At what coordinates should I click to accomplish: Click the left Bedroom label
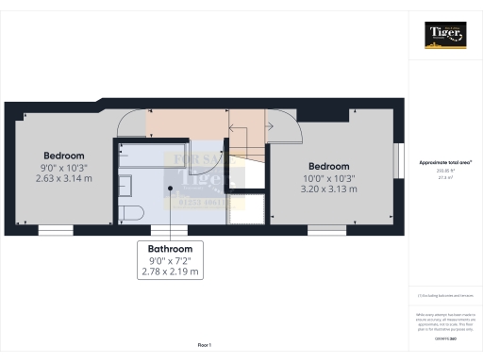point(64,156)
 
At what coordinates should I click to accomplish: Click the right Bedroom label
point(328,165)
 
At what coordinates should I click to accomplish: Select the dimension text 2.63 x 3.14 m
point(64,178)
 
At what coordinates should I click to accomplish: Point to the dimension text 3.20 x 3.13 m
point(328,189)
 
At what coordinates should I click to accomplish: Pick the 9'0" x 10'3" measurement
point(64,167)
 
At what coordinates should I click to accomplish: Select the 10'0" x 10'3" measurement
point(328,177)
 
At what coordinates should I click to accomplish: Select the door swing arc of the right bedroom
point(284,129)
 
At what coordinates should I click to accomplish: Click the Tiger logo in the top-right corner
point(444,35)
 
